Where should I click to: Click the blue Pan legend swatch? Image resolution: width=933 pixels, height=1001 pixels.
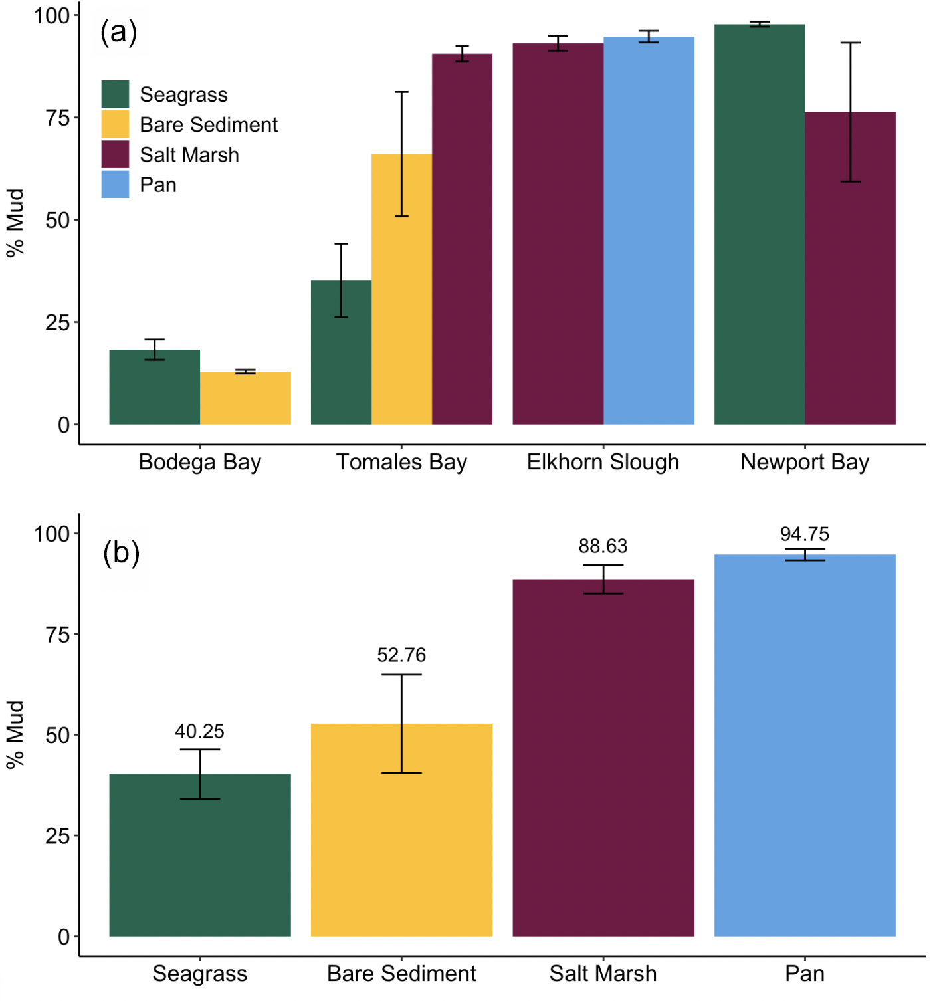[115, 184]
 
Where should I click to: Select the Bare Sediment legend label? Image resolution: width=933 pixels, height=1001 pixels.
[208, 125]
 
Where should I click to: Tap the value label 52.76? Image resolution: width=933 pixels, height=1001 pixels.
[401, 655]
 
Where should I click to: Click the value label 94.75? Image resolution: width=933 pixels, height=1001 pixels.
[804, 534]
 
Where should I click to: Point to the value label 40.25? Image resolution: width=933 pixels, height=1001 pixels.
[199, 732]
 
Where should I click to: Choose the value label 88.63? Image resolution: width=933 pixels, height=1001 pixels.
[603, 546]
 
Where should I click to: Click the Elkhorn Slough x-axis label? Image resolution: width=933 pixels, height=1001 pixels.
[603, 462]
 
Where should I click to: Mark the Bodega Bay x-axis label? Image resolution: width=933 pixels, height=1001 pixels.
[199, 462]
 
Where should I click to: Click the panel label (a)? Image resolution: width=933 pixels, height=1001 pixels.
[118, 32]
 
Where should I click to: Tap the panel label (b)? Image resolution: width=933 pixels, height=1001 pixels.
[121, 552]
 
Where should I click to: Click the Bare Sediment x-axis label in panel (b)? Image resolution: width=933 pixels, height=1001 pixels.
[401, 974]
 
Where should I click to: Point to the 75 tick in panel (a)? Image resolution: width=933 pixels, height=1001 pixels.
[57, 118]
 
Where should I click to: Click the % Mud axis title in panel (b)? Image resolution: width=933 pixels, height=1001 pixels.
[15, 734]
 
